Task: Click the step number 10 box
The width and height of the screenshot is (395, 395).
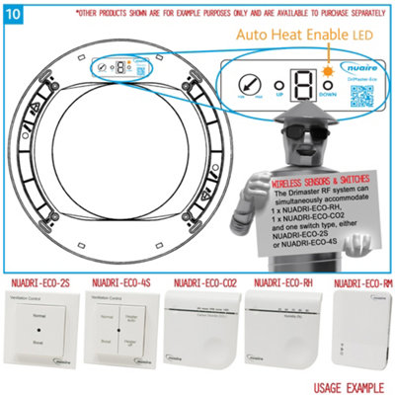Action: [12, 11]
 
